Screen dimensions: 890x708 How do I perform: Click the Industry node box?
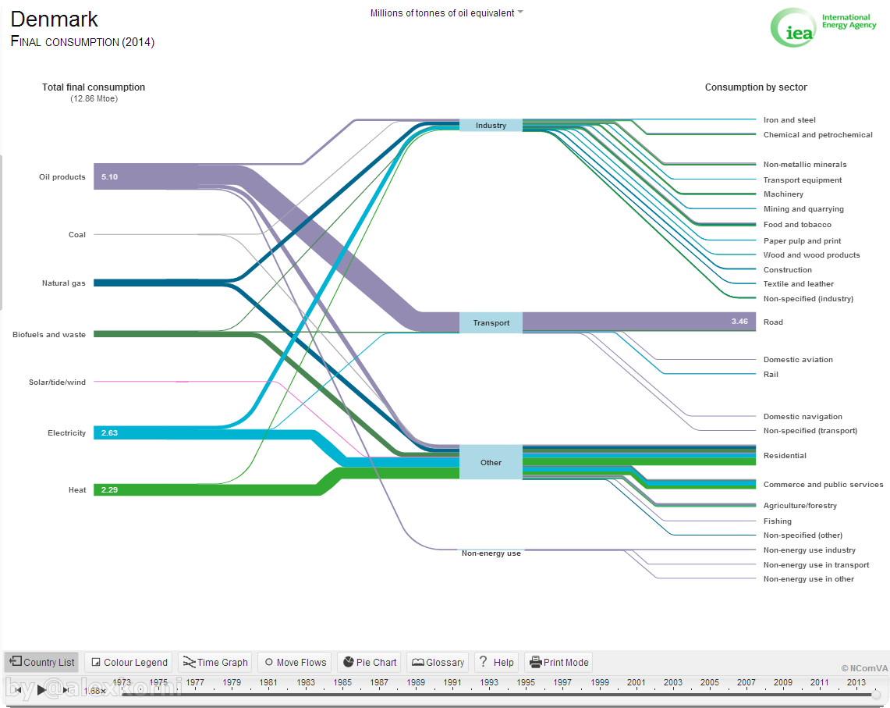click(491, 125)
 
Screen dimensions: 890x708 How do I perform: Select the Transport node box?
click(491, 322)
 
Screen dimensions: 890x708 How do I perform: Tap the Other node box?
click(491, 462)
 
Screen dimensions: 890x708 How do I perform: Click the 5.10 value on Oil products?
click(109, 176)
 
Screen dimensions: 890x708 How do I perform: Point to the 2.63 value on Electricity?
click(109, 433)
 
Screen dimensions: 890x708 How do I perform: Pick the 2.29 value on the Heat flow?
click(109, 489)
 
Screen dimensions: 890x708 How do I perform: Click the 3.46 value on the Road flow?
click(739, 322)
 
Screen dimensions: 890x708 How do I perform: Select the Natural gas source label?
click(64, 283)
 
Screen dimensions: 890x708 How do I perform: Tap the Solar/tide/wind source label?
click(57, 382)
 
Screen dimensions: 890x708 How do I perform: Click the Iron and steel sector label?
click(789, 120)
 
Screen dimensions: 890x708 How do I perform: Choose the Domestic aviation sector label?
click(798, 360)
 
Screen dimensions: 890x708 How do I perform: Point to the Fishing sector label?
click(778, 521)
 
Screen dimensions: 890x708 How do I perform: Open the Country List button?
click(42, 662)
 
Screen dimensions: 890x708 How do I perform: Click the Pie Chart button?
click(370, 662)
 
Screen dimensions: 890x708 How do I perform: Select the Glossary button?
click(438, 662)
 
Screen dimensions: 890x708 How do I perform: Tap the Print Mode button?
click(558, 662)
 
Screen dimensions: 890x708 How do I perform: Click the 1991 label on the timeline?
click(452, 682)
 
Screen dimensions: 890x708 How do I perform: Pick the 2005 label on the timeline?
click(710, 682)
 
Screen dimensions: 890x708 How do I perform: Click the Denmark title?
click(55, 20)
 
